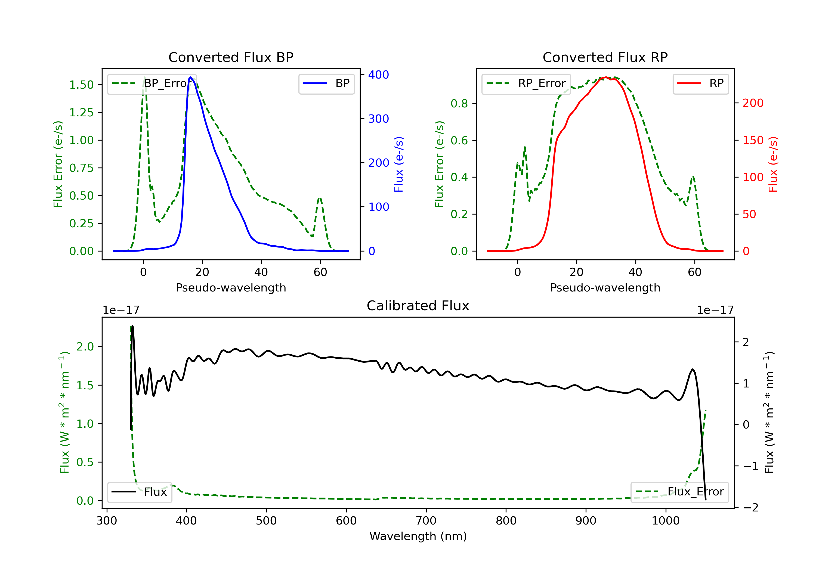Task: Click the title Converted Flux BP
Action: coord(231,57)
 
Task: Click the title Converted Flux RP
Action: coord(605,57)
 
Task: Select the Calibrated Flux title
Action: coord(418,306)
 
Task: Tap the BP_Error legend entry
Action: coord(152,83)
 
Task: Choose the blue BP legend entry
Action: coord(326,83)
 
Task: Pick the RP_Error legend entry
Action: coord(526,83)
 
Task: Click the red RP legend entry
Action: coord(700,83)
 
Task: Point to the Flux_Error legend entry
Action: coord(679,492)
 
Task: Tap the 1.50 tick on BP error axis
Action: coord(81,85)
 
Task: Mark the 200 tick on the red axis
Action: coord(753,103)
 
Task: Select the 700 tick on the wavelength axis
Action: coord(426,521)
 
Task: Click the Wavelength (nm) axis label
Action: coord(418,536)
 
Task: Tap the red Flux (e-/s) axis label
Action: coord(773,165)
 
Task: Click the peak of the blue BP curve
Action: coord(190,77)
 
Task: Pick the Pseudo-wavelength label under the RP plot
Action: coord(605,287)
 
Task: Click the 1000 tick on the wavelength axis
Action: coord(666,521)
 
